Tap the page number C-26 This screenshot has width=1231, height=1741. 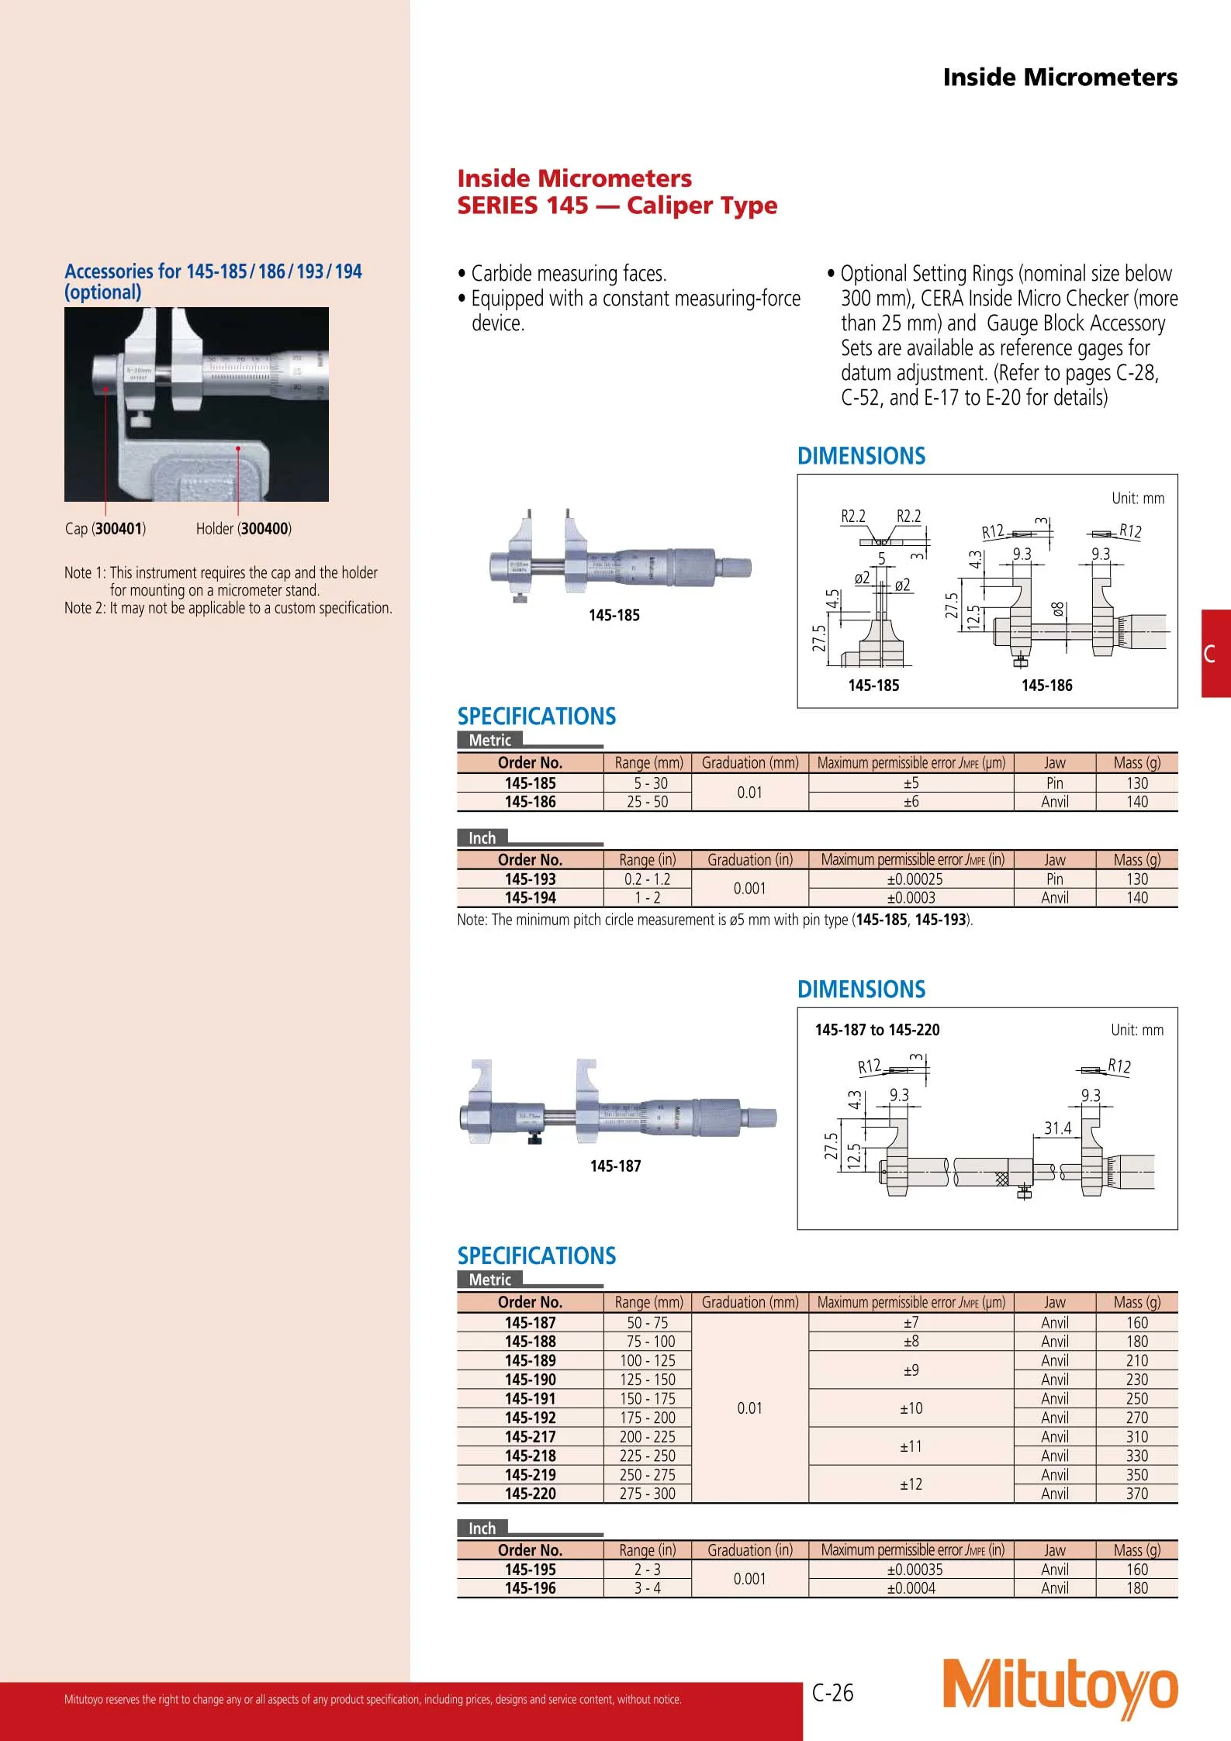coord(832,1692)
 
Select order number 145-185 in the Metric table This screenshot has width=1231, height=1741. coord(530,783)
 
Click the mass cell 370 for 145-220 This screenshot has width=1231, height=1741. coord(1136,1494)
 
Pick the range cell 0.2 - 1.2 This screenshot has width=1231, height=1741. coord(647,879)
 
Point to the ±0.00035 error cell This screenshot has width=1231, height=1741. coord(911,1570)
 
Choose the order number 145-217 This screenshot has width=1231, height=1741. coord(530,1437)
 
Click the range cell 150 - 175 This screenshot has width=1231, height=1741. coord(647,1399)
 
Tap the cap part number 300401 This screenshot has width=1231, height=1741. coord(119,529)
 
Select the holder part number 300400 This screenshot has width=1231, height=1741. coord(265,529)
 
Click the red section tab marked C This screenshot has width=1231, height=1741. coord(1215,654)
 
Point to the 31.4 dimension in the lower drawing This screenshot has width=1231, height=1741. coord(1056,1128)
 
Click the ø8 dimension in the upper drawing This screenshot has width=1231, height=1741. coord(1058,610)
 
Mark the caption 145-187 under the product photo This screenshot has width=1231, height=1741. coord(615,1166)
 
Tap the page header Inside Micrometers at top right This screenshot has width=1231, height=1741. coord(1060,78)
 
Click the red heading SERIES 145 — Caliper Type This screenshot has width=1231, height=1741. coord(617,206)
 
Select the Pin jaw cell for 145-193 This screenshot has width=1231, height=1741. coord(1054,879)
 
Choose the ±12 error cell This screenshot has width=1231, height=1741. coord(911,1484)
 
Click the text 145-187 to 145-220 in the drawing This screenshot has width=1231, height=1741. coord(877,1030)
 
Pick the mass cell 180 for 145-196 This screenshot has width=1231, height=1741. coord(1136,1588)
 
